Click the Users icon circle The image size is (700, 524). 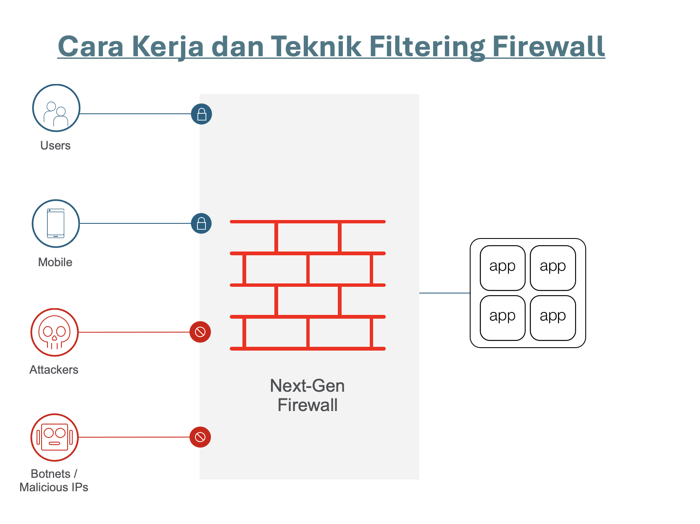[x=56, y=108]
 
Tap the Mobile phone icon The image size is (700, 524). [x=56, y=223]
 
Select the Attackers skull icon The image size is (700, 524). [x=55, y=332]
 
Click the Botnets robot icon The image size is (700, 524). [x=55, y=437]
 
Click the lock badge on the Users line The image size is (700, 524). [x=201, y=114]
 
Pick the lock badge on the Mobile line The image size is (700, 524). [x=201, y=223]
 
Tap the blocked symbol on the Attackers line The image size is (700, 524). [x=200, y=332]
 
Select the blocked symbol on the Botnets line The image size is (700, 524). [x=200, y=437]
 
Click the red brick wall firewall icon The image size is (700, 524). [x=308, y=285]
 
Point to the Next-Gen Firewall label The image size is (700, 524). [x=308, y=395]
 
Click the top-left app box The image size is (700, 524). [x=503, y=268]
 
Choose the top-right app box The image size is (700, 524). [x=553, y=268]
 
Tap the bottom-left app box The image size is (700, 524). [x=503, y=318]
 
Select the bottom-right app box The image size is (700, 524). [x=553, y=318]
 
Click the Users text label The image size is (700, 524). [x=55, y=145]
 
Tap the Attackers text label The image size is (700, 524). [x=54, y=369]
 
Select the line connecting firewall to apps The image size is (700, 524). [x=445, y=293]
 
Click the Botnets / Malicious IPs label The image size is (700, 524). [x=54, y=480]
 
